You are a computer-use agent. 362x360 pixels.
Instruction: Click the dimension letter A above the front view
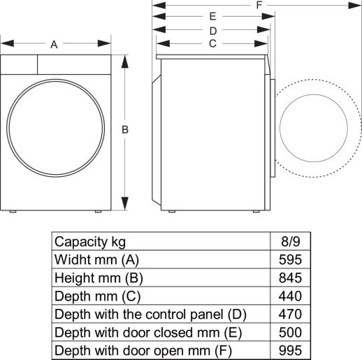pyautogui.click(x=54, y=45)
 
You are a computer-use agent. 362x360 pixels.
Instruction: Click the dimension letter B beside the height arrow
pyautogui.click(x=125, y=129)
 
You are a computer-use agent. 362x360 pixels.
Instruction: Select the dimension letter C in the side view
pyautogui.click(x=212, y=43)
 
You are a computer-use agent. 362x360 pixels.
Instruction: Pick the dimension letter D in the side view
pyautogui.click(x=212, y=31)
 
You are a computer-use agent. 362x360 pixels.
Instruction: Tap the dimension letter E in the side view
pyautogui.click(x=212, y=16)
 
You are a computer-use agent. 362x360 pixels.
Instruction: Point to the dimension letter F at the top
pyautogui.click(x=259, y=6)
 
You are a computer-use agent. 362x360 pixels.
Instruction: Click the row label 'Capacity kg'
pyautogui.click(x=90, y=242)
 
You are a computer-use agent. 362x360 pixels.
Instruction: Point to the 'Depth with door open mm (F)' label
pyautogui.click(x=143, y=350)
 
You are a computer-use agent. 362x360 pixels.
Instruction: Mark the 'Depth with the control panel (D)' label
pyautogui.click(x=150, y=314)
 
